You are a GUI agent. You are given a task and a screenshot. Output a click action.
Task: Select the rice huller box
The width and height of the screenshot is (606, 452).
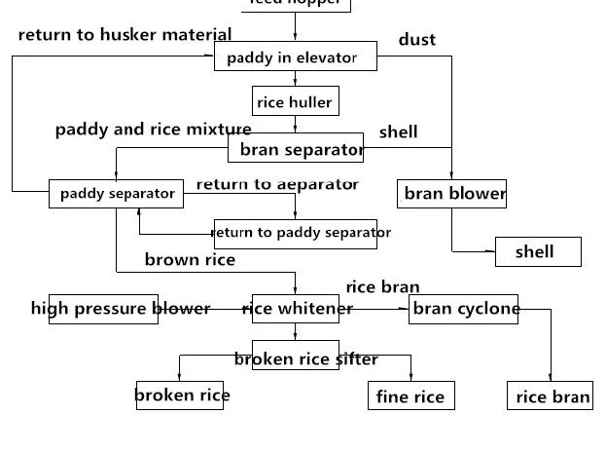click(x=294, y=102)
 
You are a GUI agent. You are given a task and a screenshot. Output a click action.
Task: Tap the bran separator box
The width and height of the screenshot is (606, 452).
click(x=297, y=149)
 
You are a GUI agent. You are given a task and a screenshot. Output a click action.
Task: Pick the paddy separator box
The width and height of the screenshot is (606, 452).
click(x=117, y=193)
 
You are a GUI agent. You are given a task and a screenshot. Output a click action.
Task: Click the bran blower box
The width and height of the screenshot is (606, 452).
click(x=452, y=194)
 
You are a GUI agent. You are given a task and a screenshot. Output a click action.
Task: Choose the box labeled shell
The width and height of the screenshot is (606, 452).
click(x=538, y=251)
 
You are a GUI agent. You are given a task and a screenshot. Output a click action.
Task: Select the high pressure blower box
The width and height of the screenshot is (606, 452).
click(x=103, y=309)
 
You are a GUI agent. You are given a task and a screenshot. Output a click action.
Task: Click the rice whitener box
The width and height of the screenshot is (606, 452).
click(x=295, y=309)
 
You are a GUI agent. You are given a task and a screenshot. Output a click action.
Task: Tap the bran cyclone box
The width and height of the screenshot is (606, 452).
click(x=463, y=309)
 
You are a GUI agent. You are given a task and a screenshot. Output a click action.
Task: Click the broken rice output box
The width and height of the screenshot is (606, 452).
click(x=182, y=395)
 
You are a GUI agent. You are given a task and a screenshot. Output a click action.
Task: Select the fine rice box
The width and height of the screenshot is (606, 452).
click(x=410, y=395)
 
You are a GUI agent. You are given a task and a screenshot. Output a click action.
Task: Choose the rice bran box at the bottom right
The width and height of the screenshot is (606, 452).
click(x=551, y=395)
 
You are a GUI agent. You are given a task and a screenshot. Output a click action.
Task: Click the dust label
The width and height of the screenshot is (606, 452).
click(x=417, y=40)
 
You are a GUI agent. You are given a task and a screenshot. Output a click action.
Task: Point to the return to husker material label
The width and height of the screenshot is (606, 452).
click(x=125, y=35)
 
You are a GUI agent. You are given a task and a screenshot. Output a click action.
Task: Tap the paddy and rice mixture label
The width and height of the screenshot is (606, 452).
click(x=153, y=130)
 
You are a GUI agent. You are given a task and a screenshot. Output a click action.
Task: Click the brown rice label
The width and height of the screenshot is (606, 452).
click(x=190, y=259)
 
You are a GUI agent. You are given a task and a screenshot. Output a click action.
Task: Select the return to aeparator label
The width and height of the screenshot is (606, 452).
click(x=277, y=184)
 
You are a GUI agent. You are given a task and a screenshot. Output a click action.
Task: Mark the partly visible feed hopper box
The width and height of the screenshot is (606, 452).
click(x=295, y=4)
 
